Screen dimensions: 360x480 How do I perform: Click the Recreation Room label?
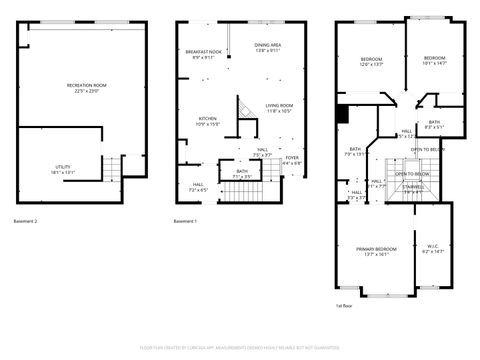pos(86,86)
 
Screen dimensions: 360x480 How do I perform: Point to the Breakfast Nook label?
pos(203,53)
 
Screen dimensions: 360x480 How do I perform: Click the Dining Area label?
pos(267,46)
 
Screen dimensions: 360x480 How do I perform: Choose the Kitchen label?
pos(207,119)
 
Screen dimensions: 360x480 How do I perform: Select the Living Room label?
pos(279,107)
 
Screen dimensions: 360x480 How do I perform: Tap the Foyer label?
pos(292,158)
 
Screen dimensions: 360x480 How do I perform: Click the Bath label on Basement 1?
pos(242,172)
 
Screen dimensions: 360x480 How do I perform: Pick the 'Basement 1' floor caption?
pos(185,221)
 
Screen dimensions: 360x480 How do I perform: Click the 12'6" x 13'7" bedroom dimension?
pos(371,65)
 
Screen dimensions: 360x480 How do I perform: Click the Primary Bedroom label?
pos(376,250)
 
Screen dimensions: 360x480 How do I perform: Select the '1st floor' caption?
pos(344,307)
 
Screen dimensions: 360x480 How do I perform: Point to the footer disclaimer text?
pos(240,349)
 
